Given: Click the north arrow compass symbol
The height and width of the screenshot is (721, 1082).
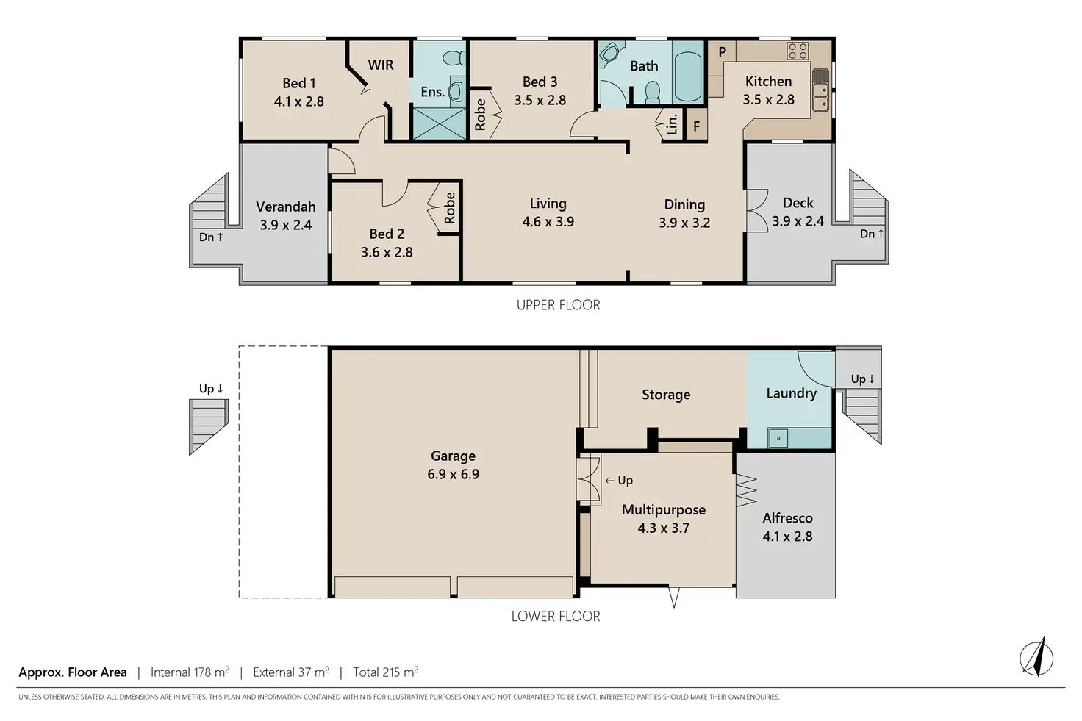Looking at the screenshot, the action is pyautogui.click(x=1036, y=659).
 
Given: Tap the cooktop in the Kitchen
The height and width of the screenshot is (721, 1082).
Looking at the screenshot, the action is pyautogui.click(x=798, y=51).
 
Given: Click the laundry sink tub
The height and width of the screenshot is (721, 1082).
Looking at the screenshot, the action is pyautogui.click(x=778, y=438).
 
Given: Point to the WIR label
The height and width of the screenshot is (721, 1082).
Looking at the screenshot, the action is pyautogui.click(x=381, y=65).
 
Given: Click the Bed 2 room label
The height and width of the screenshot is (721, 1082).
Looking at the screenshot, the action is pyautogui.click(x=387, y=234).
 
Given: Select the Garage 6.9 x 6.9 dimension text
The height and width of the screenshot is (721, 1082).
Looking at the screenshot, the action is pyautogui.click(x=453, y=474).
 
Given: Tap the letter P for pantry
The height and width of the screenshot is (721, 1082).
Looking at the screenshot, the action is pyautogui.click(x=722, y=51).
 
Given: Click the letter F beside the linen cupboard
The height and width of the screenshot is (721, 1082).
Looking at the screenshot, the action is pyautogui.click(x=697, y=126).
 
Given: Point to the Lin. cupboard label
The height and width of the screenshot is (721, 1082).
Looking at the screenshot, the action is pyautogui.click(x=672, y=124).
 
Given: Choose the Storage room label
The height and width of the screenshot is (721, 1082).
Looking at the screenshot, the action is pyautogui.click(x=666, y=395).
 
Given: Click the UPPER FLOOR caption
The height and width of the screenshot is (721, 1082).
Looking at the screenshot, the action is pyautogui.click(x=559, y=305).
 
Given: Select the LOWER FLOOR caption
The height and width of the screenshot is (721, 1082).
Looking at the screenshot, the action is pyautogui.click(x=556, y=616).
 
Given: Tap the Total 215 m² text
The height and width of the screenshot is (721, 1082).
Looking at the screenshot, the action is pyautogui.click(x=385, y=672).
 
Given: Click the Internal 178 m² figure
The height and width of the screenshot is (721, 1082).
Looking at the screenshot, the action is pyautogui.click(x=190, y=672).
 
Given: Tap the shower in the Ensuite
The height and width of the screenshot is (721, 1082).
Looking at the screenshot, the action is pyautogui.click(x=439, y=123).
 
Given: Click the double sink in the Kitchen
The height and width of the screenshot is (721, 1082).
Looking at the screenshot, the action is pyautogui.click(x=820, y=96).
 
